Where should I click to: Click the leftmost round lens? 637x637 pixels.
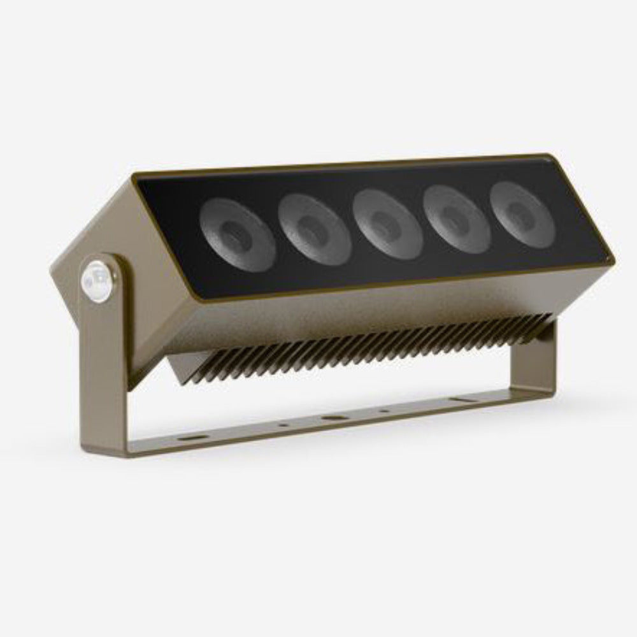237,232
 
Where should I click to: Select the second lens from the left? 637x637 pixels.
314,228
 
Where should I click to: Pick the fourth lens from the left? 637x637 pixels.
456,219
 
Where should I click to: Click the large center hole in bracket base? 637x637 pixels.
331,419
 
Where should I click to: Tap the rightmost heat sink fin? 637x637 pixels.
545,318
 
